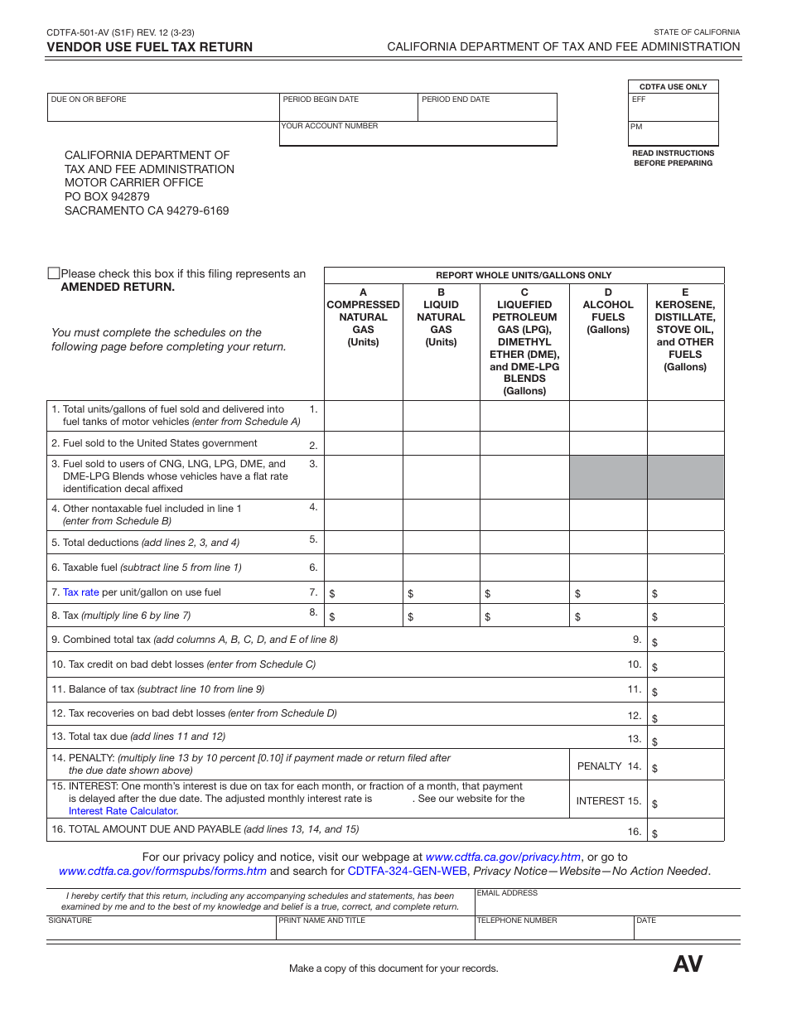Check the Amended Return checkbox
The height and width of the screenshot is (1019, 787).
tap(54, 273)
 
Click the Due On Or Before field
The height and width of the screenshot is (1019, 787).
tap(163, 109)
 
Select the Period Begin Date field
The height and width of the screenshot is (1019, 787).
tap(348, 109)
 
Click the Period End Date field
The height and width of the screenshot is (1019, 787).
tap(486, 109)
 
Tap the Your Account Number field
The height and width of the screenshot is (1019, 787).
tap(418, 135)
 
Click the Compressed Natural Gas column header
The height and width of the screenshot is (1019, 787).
tap(363, 317)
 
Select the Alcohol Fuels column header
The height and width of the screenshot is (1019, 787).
tap(608, 311)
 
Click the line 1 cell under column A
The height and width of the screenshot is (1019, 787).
tap(363, 416)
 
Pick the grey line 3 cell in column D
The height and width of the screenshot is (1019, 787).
tap(608, 476)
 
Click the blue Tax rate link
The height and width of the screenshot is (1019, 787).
tap(81, 592)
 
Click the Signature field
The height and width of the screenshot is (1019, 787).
tap(162, 930)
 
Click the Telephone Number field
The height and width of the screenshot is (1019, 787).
tap(554, 930)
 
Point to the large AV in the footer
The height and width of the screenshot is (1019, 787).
tap(688, 964)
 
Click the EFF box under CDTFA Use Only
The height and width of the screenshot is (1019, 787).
tap(674, 109)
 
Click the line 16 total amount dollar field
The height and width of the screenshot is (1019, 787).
tap(687, 831)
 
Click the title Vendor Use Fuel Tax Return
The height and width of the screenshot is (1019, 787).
tap(150, 47)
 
